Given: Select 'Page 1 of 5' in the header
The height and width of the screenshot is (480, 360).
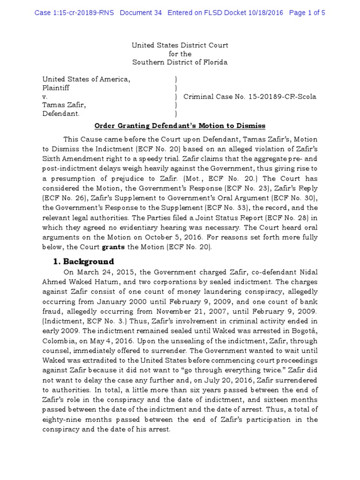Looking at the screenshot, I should [x=307, y=13].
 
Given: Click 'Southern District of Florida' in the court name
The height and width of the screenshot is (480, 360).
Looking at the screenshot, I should [x=180, y=62].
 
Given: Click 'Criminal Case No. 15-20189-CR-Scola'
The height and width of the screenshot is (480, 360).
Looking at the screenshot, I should [x=250, y=97].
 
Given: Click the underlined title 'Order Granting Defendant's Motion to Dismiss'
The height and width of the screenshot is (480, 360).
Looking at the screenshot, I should [x=180, y=126].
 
